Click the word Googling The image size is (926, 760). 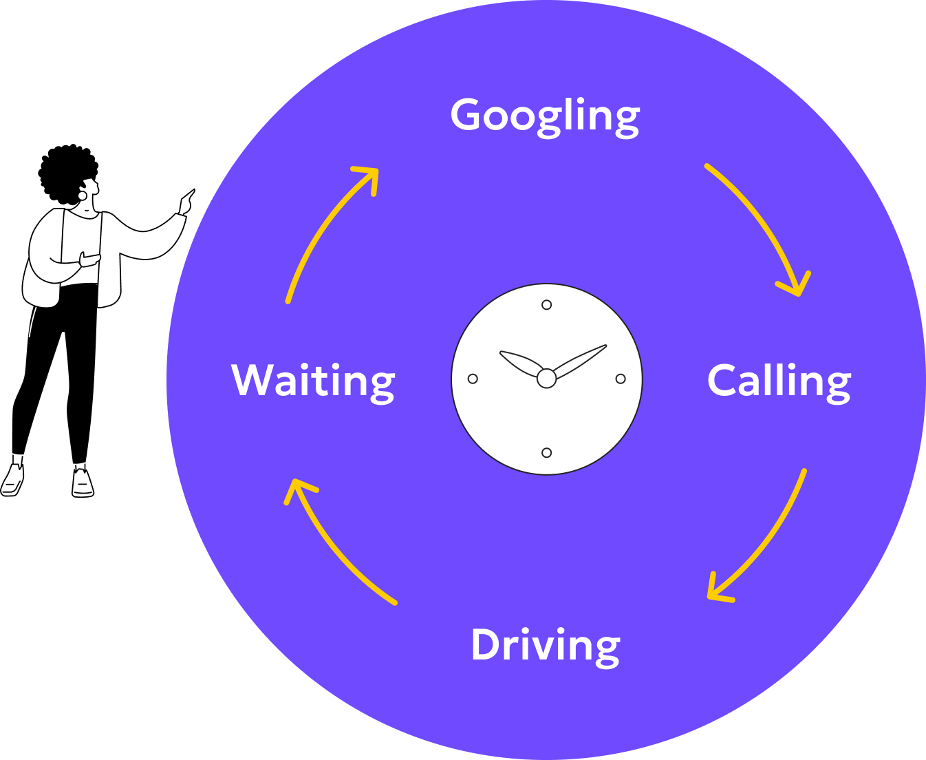[545, 116]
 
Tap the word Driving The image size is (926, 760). [545, 646]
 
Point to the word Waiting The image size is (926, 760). [313, 381]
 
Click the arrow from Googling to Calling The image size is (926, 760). [764, 220]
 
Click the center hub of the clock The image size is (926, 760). [546, 378]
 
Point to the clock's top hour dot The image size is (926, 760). [546, 305]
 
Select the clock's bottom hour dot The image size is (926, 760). [546, 452]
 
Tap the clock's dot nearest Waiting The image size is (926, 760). [473, 379]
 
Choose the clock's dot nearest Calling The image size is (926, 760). [621, 379]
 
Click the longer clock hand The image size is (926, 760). [581, 359]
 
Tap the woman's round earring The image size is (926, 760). [83, 195]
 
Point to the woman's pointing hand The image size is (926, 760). [186, 202]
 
